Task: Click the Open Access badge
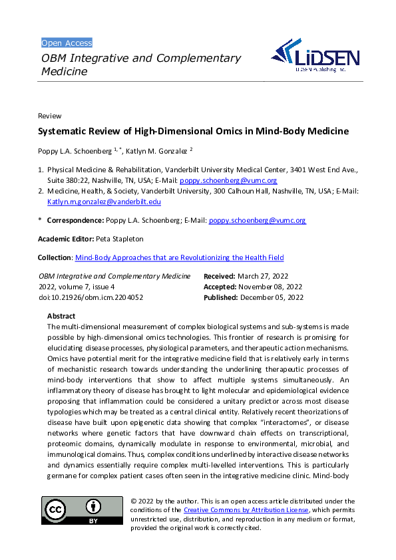tap(67, 43)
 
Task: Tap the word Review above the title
tap(50, 116)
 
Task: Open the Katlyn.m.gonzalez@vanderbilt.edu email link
tap(104, 202)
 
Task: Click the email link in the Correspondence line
tap(257, 220)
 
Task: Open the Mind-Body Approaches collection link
tap(179, 257)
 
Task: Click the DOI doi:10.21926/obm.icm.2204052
tap(91, 297)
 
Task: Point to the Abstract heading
tap(62, 316)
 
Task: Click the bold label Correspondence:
tap(75, 220)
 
